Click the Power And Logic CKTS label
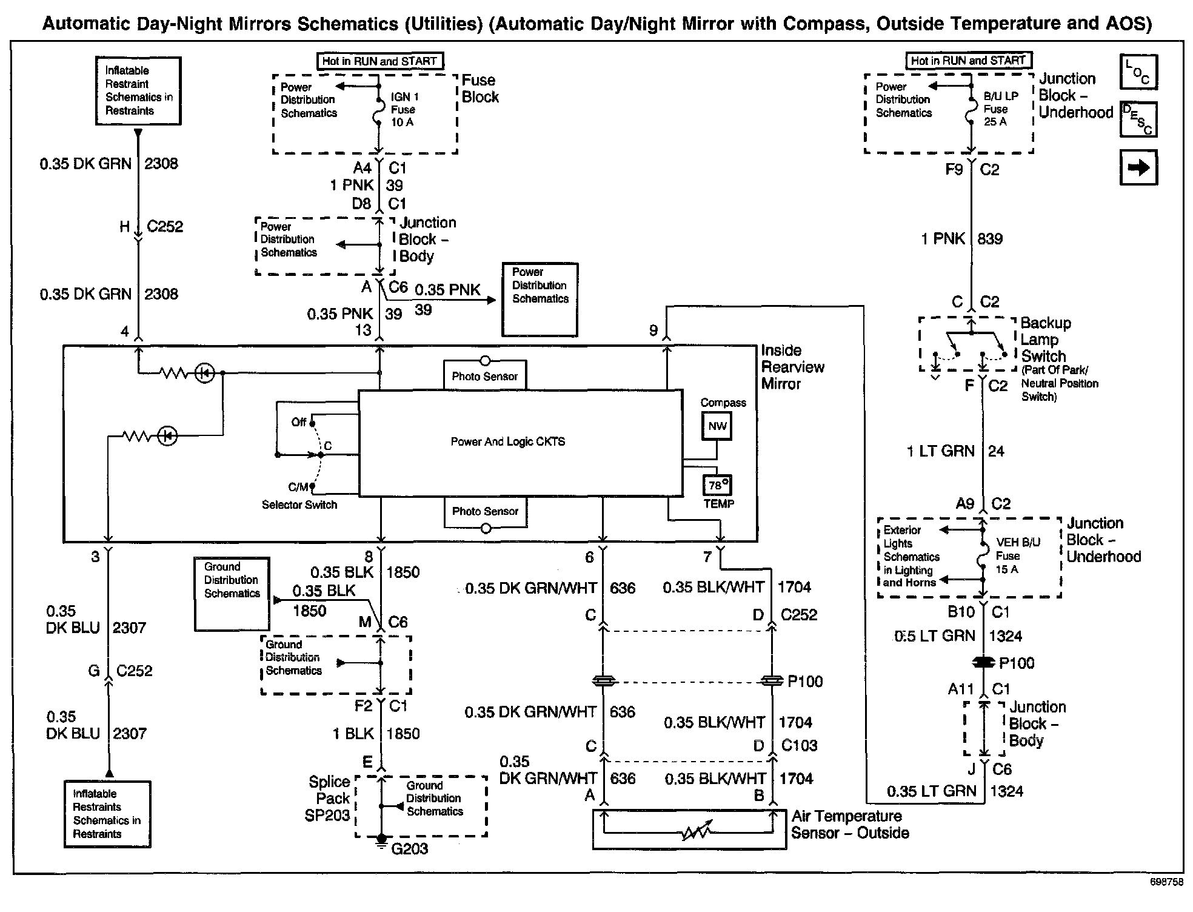(x=507, y=442)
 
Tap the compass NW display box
(x=717, y=426)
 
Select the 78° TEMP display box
(x=718, y=486)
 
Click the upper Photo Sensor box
(x=484, y=376)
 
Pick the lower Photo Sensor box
(x=485, y=511)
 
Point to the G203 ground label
(x=410, y=849)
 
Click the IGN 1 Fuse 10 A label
(x=404, y=109)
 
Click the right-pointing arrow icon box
(x=1138, y=167)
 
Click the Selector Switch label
(x=299, y=505)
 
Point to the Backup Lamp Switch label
(x=1045, y=340)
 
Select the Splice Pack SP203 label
(x=328, y=799)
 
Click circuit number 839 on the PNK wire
(x=990, y=239)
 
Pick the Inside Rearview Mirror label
(x=792, y=367)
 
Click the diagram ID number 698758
(x=1166, y=882)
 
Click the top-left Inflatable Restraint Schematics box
(x=138, y=91)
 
